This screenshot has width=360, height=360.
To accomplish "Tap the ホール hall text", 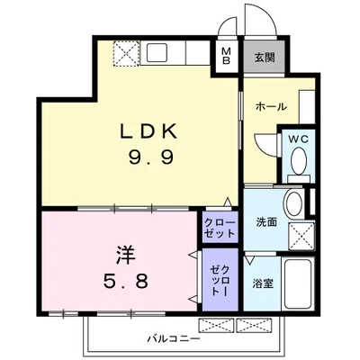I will [271, 106].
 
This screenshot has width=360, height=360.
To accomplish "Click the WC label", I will [298, 139].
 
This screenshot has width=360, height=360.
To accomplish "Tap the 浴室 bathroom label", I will [263, 283].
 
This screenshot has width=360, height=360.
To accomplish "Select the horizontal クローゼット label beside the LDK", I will [220, 227].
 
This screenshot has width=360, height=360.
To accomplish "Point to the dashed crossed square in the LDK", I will [126, 56].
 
